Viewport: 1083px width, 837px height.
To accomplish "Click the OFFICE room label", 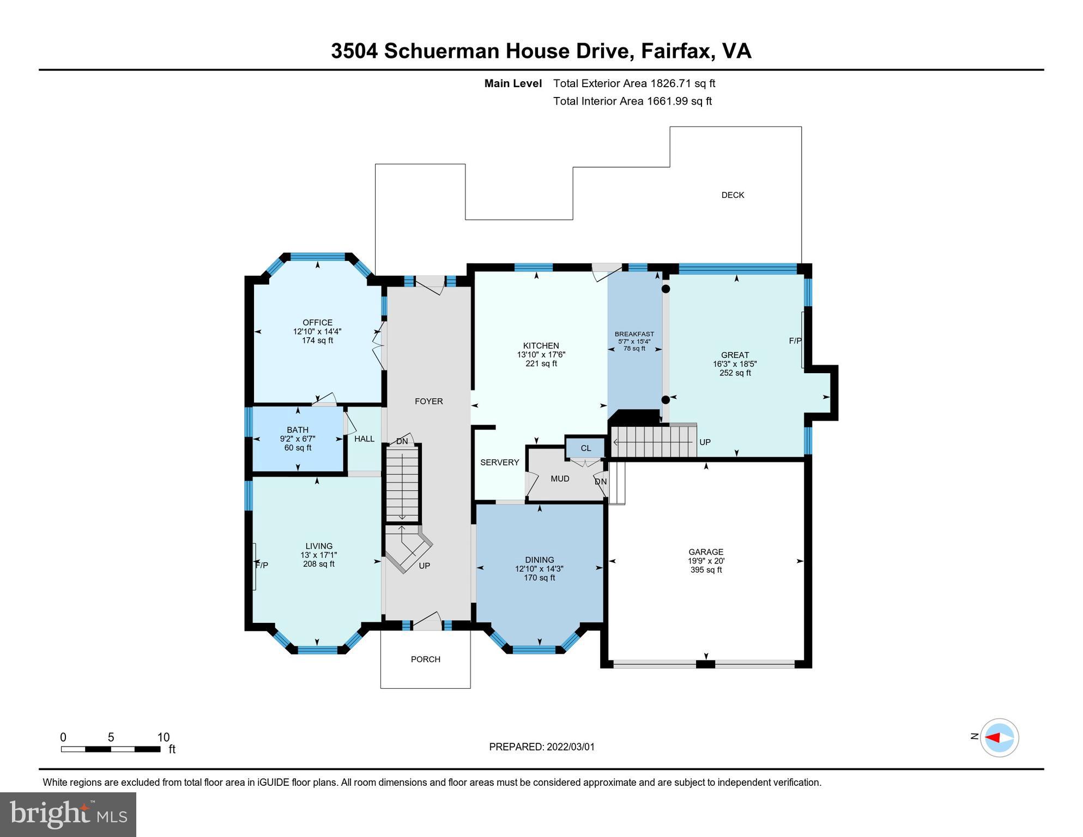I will [317, 323].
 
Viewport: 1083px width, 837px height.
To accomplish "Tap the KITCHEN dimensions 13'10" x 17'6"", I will [541, 355].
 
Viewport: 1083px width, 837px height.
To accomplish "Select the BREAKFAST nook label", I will [634, 334].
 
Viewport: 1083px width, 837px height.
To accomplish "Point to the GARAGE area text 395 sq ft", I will [706, 570].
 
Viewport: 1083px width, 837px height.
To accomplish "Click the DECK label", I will [733, 195].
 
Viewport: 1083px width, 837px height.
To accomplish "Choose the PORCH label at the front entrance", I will [425, 659].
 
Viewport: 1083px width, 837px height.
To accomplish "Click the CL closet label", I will [585, 448].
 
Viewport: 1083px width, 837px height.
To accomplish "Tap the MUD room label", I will [560, 479].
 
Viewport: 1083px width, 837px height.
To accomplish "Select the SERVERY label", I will [499, 463].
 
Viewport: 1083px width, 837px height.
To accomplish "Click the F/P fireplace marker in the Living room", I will [262, 566].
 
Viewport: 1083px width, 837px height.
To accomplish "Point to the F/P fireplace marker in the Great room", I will [795, 341].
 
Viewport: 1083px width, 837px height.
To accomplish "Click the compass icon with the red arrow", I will [999, 738].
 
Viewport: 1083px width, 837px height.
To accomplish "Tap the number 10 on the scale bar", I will [164, 738].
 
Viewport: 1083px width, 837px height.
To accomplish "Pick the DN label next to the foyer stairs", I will [402, 441].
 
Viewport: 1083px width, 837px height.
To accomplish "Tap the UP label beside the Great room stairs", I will [705, 442].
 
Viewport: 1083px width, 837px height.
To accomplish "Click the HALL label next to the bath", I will [364, 439].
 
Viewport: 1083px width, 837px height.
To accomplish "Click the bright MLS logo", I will [68, 814].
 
